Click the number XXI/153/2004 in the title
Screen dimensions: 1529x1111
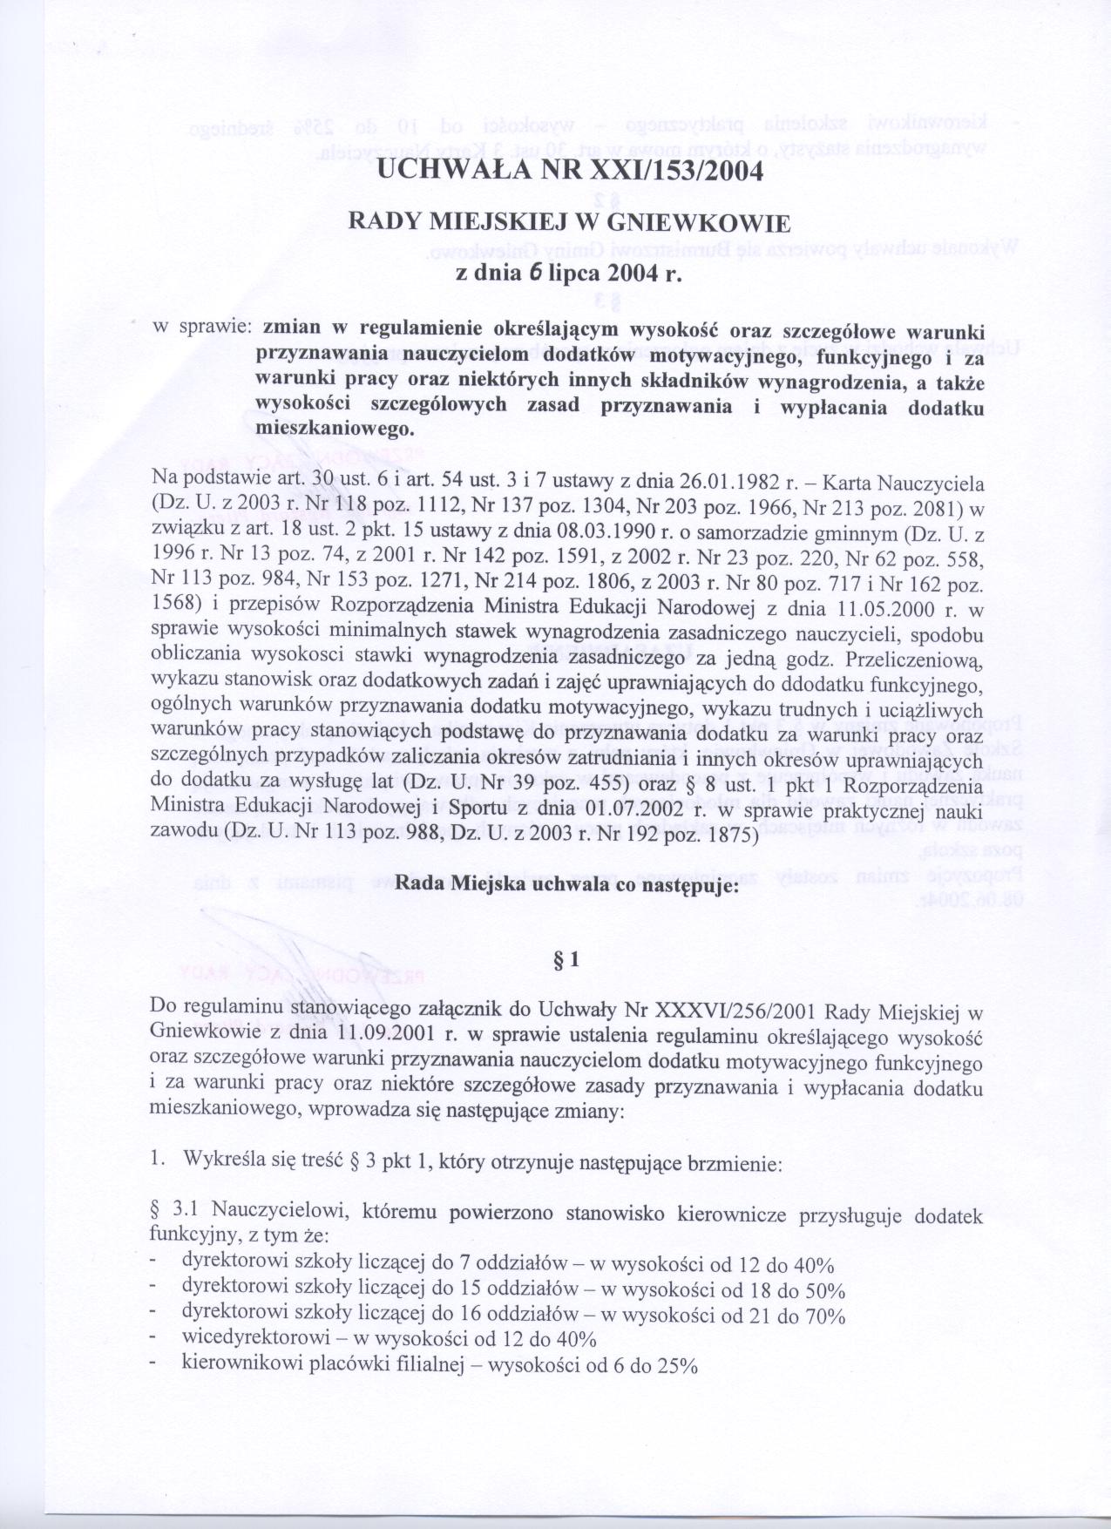point(675,170)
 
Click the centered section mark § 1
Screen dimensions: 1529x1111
point(566,959)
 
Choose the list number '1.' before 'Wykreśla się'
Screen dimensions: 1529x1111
point(158,1160)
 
